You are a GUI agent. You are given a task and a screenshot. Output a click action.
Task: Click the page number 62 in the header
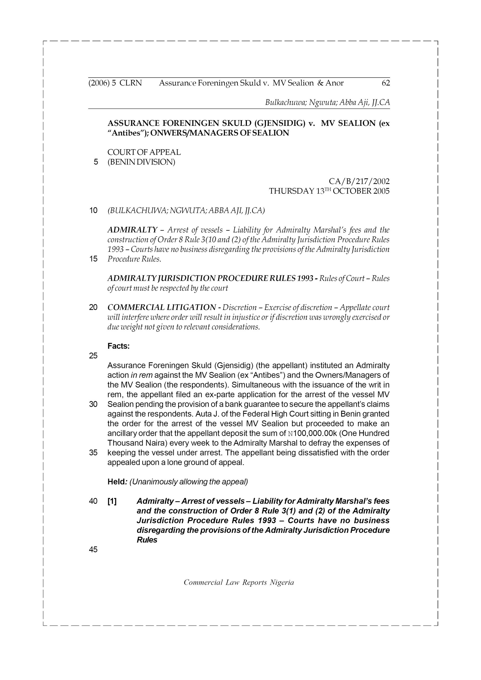tap(386, 83)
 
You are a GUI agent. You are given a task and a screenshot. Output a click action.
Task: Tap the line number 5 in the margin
tap(95, 162)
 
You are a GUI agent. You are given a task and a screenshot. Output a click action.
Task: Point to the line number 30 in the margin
tap(93, 404)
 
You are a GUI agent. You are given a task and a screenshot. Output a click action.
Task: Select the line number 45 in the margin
tap(93, 550)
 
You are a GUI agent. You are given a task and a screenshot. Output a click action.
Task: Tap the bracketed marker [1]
tap(112, 501)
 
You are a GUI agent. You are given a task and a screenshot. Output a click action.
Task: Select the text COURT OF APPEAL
tap(144, 152)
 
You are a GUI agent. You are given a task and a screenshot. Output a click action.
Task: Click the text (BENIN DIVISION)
tap(141, 162)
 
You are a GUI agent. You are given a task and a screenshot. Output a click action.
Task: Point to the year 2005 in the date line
tap(381, 191)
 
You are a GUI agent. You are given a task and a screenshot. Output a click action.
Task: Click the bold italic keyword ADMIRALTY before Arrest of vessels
tap(132, 230)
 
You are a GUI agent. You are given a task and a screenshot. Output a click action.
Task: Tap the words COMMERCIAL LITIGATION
tap(162, 307)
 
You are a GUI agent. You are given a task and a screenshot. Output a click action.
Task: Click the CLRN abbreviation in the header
tap(131, 83)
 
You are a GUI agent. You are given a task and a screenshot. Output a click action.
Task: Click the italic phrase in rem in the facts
tap(142, 375)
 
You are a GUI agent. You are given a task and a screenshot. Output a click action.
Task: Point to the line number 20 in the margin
tap(93, 307)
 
